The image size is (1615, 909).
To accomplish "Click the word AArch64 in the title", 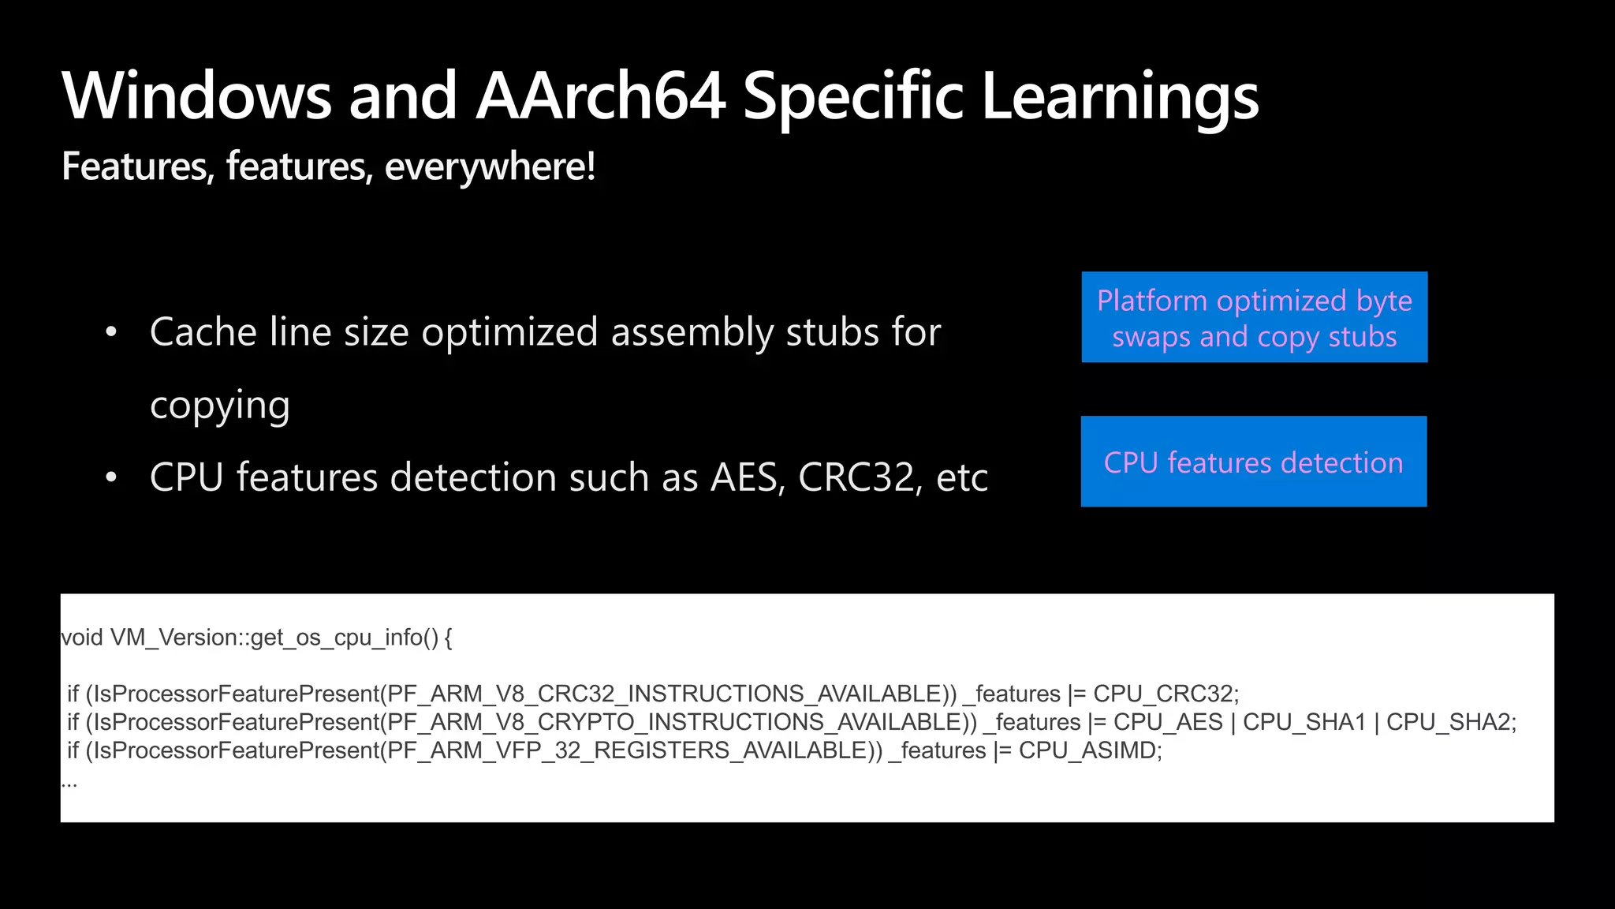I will tap(600, 96).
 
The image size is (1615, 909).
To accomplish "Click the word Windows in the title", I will tap(196, 96).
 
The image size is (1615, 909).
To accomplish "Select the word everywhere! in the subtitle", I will tap(490, 166).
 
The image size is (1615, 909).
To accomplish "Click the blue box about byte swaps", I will tap(1254, 317).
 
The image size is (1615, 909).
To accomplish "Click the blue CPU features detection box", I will tap(1253, 462).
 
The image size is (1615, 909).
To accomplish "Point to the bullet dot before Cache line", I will tap(111, 333).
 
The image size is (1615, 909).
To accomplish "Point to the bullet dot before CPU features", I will tap(111, 478).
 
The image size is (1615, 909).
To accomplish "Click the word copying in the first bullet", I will tap(220, 406).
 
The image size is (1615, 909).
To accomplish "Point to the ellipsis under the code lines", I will tap(69, 783).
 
